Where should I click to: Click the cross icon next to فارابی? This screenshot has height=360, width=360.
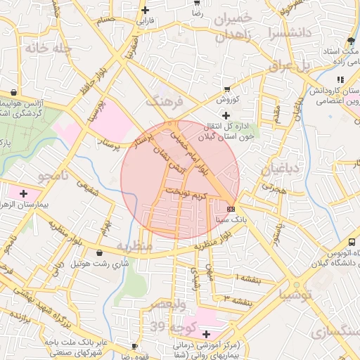(146, 10)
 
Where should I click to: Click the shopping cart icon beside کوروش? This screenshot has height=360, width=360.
(226, 89)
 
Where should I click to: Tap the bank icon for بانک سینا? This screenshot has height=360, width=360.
(231, 209)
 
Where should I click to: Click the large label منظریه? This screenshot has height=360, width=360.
(134, 247)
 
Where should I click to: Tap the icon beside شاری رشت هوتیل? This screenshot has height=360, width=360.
(98, 252)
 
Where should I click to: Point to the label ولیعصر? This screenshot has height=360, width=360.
(167, 304)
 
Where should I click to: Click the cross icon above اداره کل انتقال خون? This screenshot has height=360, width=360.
(225, 115)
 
